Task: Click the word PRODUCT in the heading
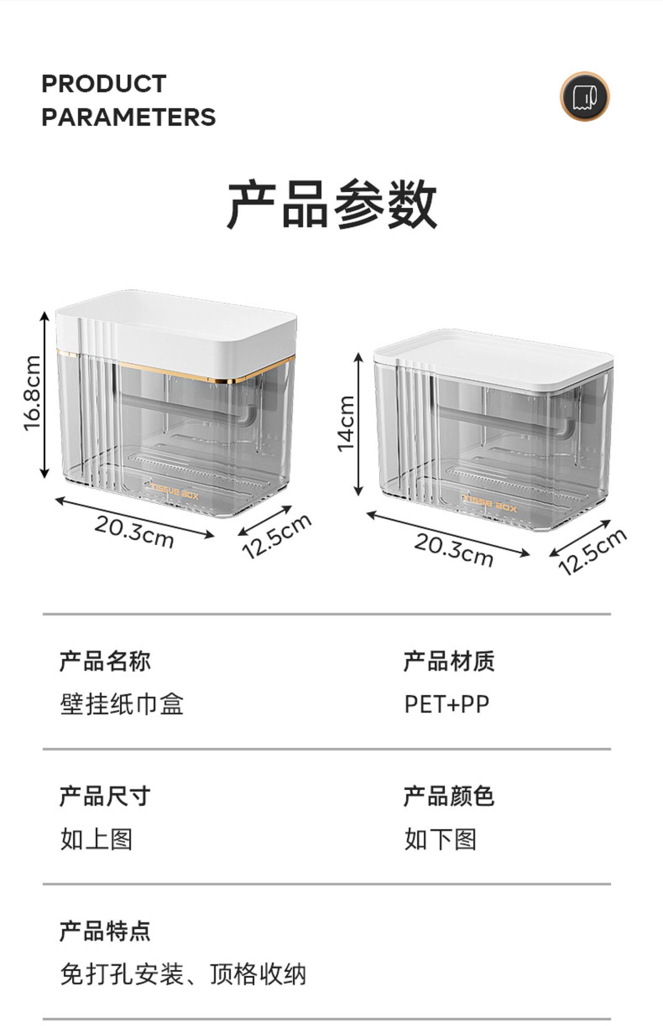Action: click(104, 84)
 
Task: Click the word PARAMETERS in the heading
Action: click(129, 117)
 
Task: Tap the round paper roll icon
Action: click(584, 96)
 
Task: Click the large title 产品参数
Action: click(331, 204)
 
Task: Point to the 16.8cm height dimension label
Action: click(33, 393)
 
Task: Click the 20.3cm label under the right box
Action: click(453, 550)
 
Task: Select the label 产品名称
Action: click(105, 661)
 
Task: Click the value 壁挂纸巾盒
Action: click(122, 704)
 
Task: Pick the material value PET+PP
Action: click(447, 704)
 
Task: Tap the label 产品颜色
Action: click(449, 796)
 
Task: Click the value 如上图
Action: click(96, 839)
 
